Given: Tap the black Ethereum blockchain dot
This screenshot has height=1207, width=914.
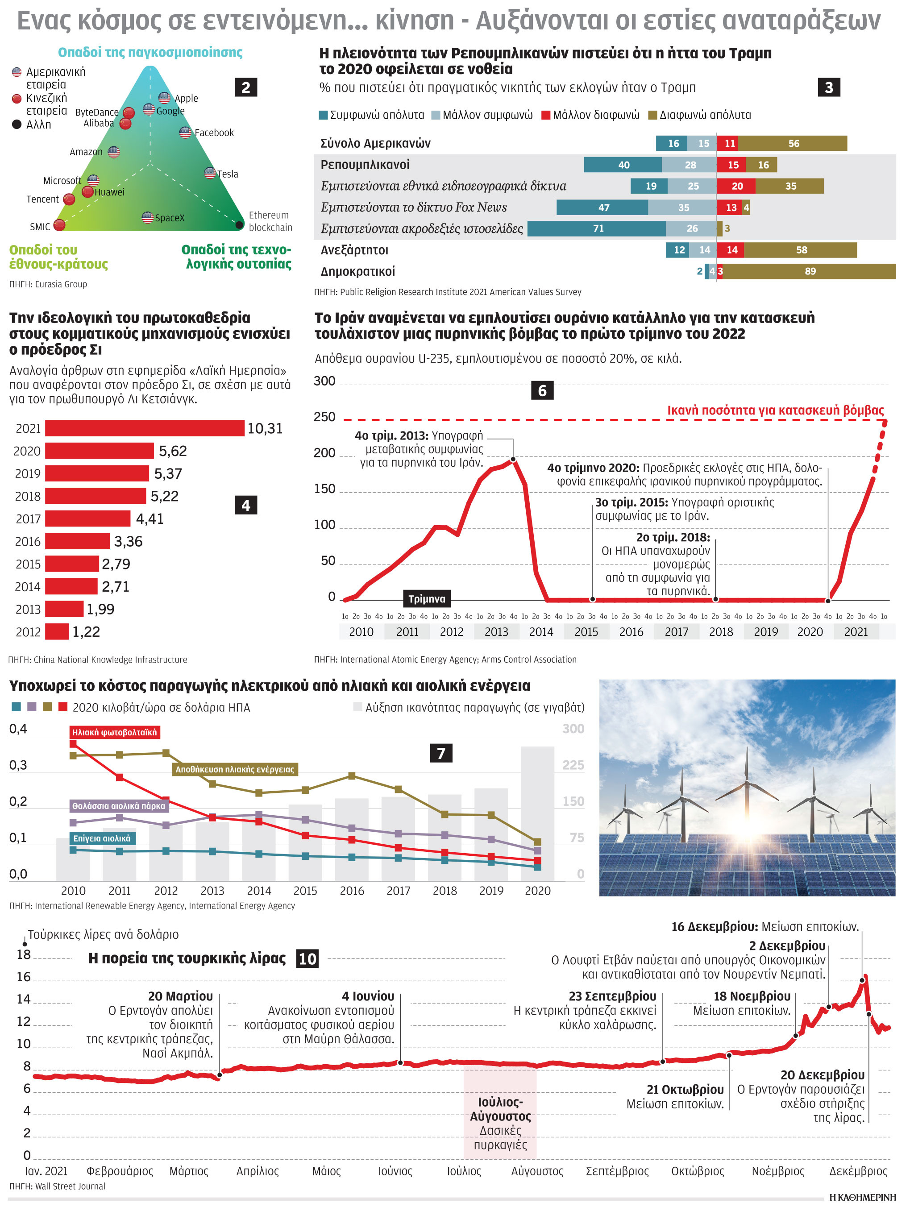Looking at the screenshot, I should tap(239, 224).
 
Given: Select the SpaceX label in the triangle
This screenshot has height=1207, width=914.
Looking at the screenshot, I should tap(170, 218).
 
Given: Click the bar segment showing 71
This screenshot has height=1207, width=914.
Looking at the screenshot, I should tap(597, 228).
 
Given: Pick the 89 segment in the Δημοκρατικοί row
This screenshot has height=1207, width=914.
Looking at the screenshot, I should tap(809, 271).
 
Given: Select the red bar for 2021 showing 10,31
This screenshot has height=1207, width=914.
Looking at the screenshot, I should tap(145, 428).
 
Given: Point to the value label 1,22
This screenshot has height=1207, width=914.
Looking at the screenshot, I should tap(86, 632).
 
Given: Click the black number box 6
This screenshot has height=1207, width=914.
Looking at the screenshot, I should tap(542, 391).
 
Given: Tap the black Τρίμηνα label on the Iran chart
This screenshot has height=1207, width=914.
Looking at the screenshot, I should tap(427, 598).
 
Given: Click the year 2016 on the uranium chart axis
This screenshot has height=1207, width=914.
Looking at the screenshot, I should tap(631, 632).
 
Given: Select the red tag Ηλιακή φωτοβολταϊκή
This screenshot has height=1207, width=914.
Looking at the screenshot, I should tap(115, 732).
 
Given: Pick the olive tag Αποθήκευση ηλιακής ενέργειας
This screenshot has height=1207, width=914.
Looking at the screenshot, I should tap(235, 769).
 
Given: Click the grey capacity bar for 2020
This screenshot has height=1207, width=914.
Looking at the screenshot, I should tap(537, 813).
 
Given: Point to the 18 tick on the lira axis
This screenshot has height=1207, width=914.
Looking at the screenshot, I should tap(24, 954).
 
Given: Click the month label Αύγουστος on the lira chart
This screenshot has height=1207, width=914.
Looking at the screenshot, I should tap(537, 1171).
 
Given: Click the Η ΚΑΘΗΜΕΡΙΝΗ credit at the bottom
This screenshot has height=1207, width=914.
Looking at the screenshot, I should tap(862, 1198).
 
